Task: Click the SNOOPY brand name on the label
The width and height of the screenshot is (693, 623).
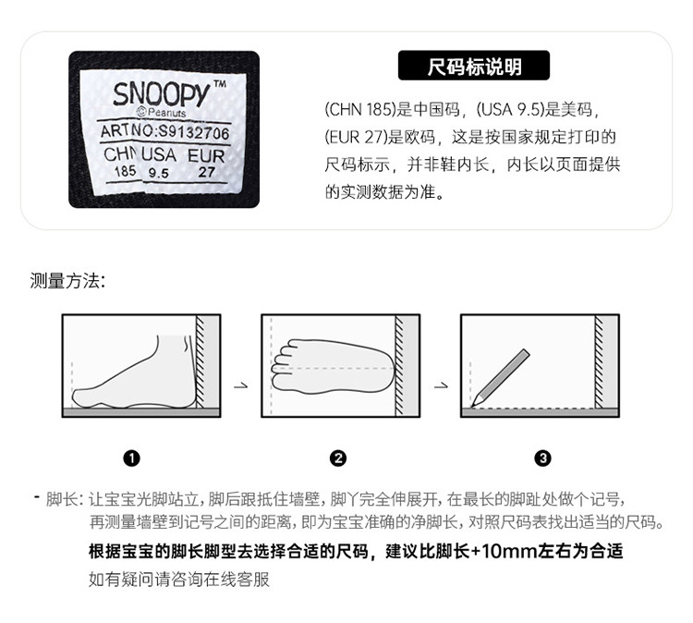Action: click(161, 93)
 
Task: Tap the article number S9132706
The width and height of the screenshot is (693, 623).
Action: click(194, 133)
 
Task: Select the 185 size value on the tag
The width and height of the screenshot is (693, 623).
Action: click(125, 171)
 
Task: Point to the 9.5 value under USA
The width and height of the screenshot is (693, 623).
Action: click(159, 173)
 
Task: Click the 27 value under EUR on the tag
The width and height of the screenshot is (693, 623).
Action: click(206, 172)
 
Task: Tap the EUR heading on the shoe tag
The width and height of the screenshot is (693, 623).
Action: click(206, 155)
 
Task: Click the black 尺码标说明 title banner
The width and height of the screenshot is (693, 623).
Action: click(474, 66)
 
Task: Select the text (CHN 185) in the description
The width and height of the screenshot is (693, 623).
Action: click(360, 109)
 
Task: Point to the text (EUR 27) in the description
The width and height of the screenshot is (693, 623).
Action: click(357, 137)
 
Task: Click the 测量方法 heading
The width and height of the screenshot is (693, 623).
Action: click(67, 281)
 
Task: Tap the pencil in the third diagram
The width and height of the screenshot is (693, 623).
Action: click(500, 378)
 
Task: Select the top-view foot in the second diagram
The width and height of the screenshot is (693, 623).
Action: click(334, 367)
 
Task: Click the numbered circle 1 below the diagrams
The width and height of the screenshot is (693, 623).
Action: click(132, 458)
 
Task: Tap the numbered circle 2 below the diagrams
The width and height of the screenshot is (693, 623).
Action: click(338, 458)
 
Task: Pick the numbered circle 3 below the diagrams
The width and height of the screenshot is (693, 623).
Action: click(543, 458)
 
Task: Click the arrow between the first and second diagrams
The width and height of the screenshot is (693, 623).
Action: click(241, 386)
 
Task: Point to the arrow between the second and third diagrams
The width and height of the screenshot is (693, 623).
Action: click(441, 386)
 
